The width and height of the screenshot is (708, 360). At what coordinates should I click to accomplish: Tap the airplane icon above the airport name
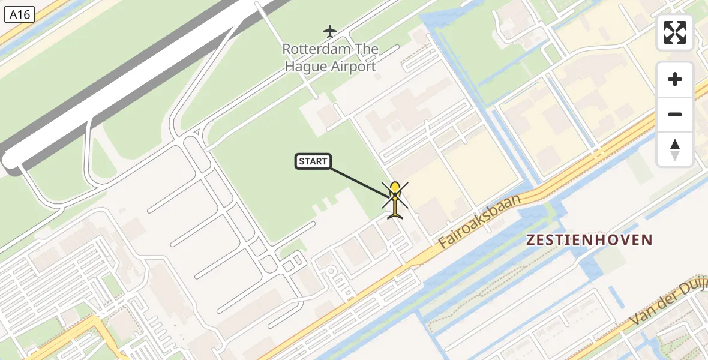tap(330, 31)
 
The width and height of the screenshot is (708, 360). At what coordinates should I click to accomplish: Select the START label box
tap(313, 161)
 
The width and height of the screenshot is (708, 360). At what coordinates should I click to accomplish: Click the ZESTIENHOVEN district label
tap(589, 240)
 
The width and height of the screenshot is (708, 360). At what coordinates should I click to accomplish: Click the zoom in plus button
tap(675, 79)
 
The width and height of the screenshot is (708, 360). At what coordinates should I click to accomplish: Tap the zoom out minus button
tap(675, 114)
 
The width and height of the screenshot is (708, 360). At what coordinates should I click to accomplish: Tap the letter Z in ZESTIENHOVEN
tap(531, 240)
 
